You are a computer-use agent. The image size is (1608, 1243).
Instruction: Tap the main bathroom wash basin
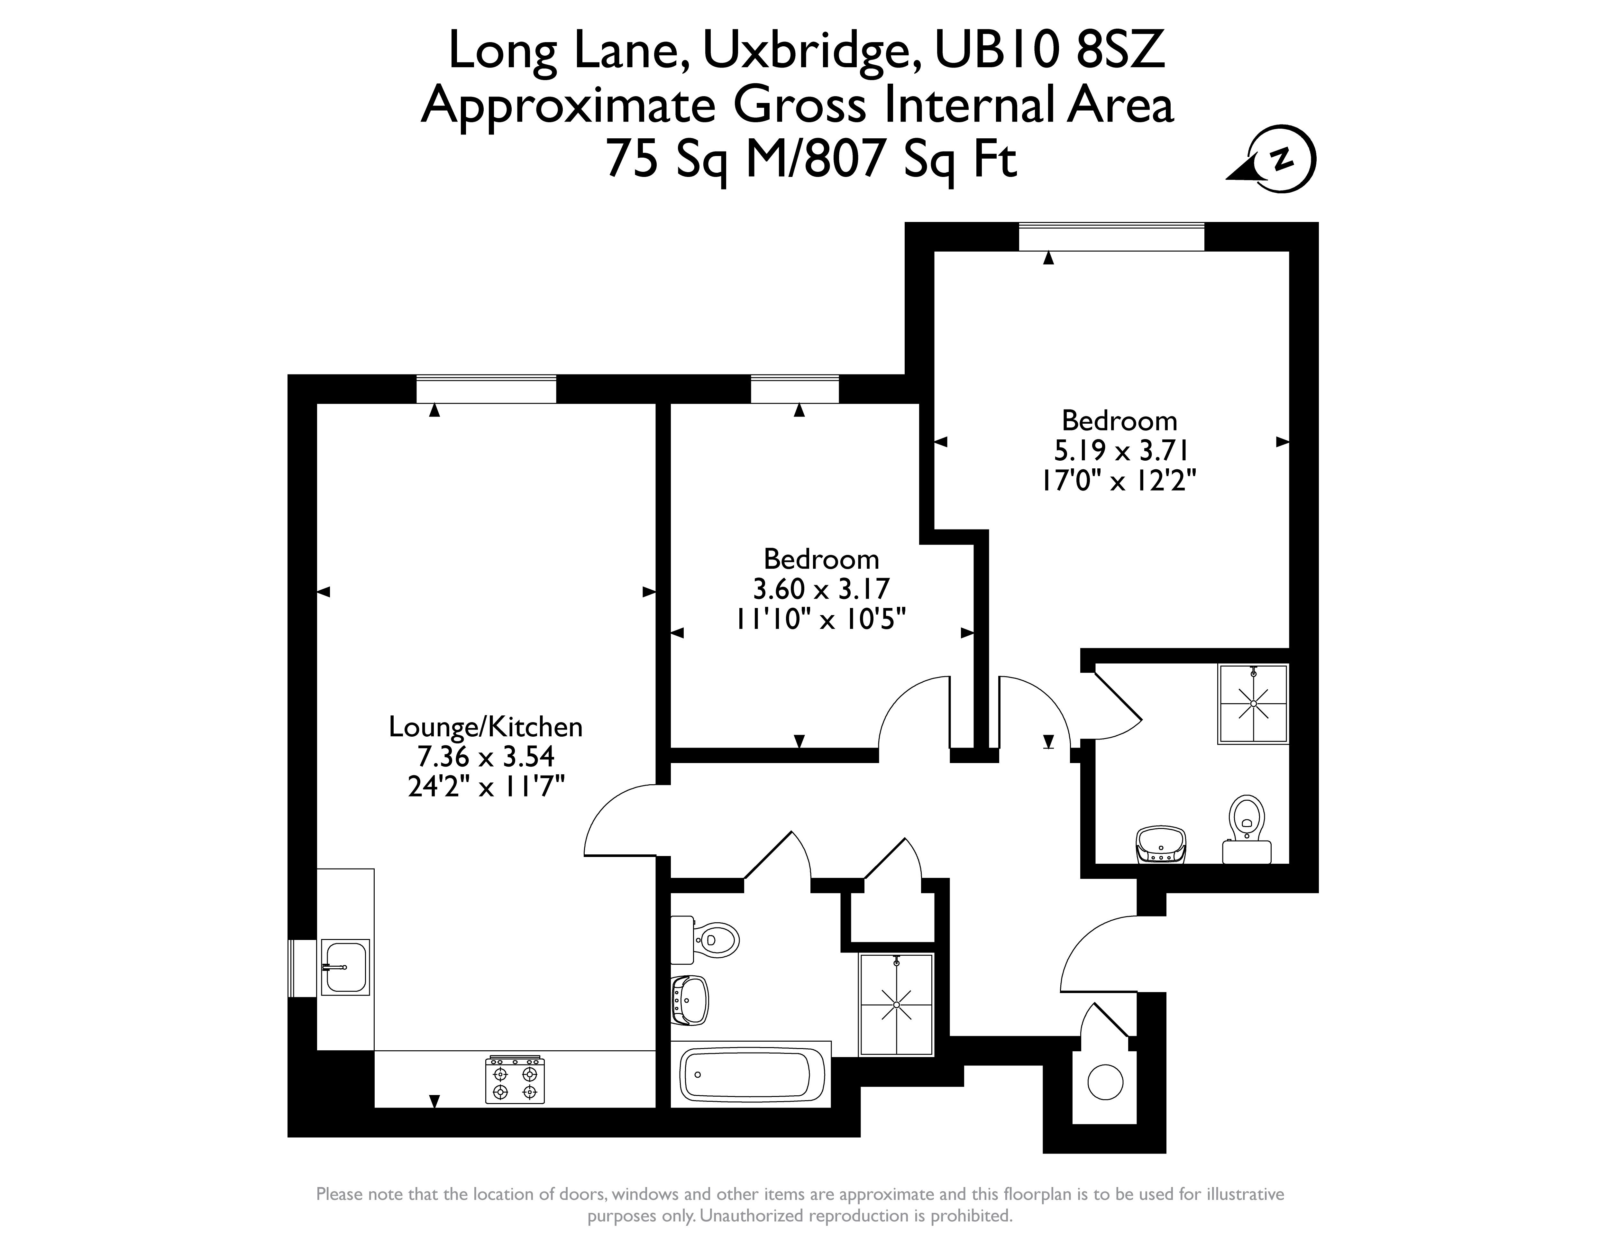(690, 1000)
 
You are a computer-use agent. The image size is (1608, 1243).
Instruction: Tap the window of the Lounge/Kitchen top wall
(486, 389)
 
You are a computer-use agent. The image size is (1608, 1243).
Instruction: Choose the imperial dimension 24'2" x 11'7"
(486, 787)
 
